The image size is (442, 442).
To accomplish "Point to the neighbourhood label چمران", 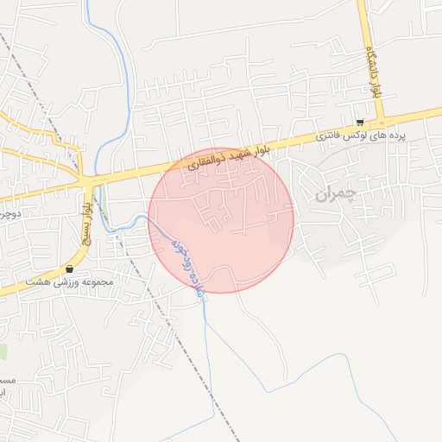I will pos(336,194).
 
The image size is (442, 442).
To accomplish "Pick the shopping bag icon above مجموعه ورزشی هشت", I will pos(69,269).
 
